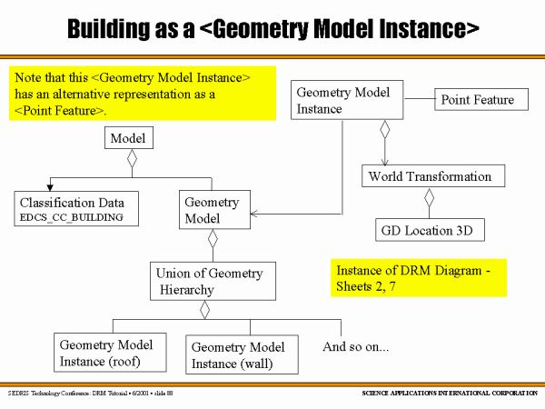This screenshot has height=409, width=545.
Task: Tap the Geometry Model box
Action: point(212,210)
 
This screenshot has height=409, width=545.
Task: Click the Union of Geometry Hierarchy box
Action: point(213,281)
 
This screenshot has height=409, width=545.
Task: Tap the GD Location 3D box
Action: point(430,230)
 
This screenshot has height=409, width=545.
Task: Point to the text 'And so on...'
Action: point(356,346)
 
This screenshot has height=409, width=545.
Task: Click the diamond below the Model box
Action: point(131,161)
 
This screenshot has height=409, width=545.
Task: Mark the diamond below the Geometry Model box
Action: point(213,240)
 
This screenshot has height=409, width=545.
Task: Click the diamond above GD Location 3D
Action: point(430,198)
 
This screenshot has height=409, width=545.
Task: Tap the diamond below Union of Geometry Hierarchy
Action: point(205,311)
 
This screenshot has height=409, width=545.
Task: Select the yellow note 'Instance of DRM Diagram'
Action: point(418,278)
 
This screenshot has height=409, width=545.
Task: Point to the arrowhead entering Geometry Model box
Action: point(253,215)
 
